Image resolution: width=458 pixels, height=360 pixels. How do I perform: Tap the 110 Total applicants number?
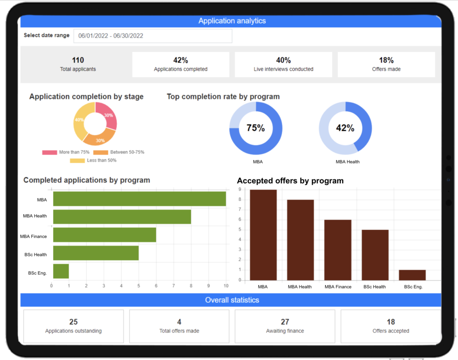(x=78, y=60)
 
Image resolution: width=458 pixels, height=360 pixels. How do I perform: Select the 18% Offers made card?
(x=386, y=64)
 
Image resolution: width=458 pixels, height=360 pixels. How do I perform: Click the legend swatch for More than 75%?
(x=50, y=152)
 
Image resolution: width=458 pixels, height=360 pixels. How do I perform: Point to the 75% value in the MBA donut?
(x=255, y=128)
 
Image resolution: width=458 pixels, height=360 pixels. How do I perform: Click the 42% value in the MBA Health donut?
(x=345, y=128)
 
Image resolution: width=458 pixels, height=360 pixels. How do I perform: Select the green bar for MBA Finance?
(x=105, y=235)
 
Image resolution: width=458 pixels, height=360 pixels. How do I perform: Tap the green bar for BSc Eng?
(x=61, y=271)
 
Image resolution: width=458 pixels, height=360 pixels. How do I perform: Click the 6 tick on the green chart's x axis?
(x=156, y=286)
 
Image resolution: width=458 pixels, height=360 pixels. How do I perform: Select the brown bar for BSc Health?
(x=375, y=255)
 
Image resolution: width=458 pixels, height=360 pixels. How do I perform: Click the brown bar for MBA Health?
(x=300, y=240)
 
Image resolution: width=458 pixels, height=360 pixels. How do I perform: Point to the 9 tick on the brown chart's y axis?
(x=240, y=189)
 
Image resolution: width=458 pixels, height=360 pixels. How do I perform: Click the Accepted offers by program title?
(x=290, y=181)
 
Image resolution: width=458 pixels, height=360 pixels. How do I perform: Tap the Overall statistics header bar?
(x=231, y=300)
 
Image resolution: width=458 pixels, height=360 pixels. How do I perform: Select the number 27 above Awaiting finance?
(x=285, y=322)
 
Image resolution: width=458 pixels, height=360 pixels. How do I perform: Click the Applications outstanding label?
(x=73, y=331)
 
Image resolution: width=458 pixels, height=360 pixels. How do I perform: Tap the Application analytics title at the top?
(x=232, y=21)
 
